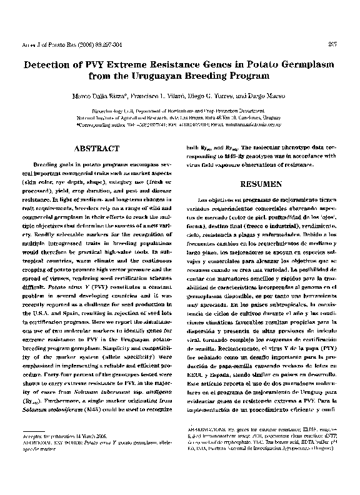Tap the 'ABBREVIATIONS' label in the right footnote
(208, 431)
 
